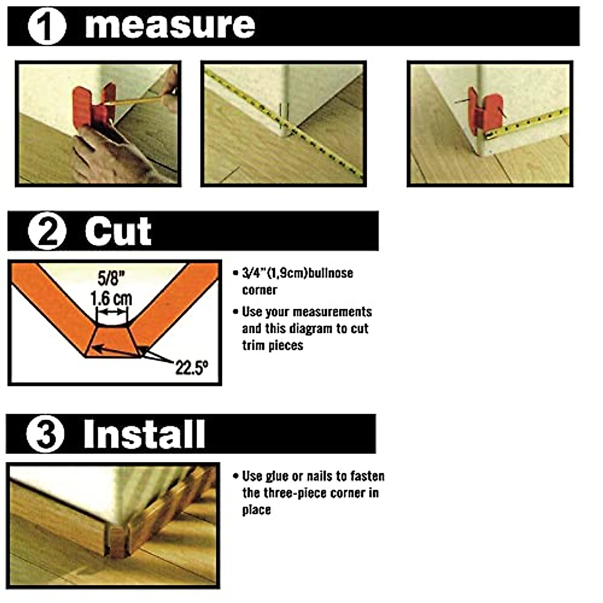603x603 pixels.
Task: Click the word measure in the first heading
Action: [x=170, y=26]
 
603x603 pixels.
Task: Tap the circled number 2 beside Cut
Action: [x=47, y=232]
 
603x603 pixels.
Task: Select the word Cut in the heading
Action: [x=118, y=232]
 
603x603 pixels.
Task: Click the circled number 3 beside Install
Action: [x=45, y=434]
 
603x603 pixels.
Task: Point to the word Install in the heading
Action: [x=144, y=434]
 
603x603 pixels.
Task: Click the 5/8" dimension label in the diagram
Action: [x=111, y=278]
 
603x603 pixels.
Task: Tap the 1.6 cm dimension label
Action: [x=111, y=298]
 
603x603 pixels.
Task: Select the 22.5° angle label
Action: [x=191, y=368]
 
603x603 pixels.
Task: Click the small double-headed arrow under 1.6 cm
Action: [x=112, y=312]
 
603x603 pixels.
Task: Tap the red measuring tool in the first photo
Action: [x=93, y=107]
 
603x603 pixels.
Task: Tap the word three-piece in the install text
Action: [x=293, y=493]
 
